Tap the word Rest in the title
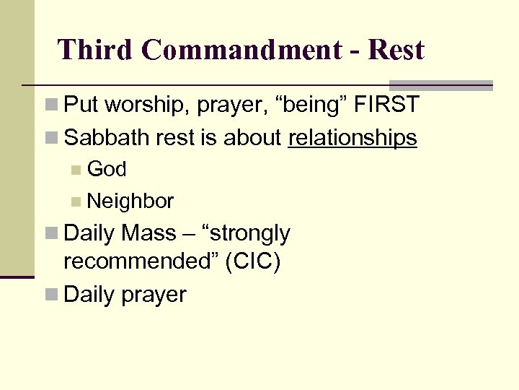pos(396,50)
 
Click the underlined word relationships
pos(352,137)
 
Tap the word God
pos(107,169)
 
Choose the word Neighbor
pos(130,201)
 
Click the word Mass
pos(149,233)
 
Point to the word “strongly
pos(248,233)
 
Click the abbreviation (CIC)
pos(253,261)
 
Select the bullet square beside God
pos(76,170)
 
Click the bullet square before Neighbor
pos(76,201)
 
